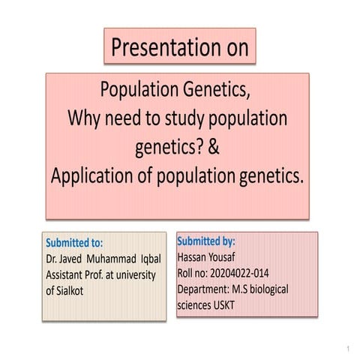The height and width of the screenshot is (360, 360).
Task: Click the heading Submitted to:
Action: click(74, 243)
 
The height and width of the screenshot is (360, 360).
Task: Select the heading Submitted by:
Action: click(205, 242)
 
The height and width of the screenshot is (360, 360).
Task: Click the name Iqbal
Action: click(146, 259)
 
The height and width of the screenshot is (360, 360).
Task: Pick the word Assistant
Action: click(70, 274)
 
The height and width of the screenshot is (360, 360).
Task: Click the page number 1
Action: click(349, 349)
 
